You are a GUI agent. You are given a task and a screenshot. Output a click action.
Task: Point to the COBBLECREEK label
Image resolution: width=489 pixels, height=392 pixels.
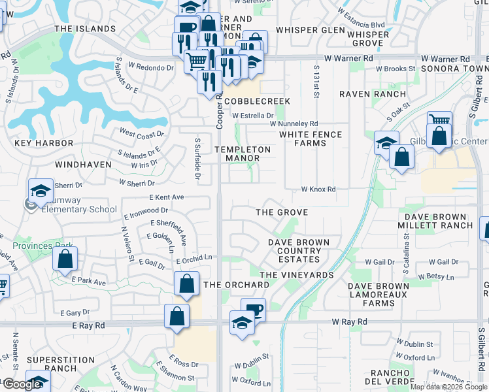257,102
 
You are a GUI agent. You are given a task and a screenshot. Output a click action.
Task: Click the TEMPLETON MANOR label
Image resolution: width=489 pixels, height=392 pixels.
243,154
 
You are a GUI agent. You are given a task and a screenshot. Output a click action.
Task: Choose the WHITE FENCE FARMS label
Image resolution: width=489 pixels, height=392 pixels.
311,139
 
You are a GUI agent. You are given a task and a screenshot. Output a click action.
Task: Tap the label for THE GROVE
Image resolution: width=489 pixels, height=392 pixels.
281,212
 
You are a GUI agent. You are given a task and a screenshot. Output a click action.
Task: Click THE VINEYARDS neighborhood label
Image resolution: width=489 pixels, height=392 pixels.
296,275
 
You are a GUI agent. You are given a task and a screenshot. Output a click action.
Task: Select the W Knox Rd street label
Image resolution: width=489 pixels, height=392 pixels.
318,189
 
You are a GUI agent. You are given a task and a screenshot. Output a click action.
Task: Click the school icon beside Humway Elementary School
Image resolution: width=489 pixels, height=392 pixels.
41,189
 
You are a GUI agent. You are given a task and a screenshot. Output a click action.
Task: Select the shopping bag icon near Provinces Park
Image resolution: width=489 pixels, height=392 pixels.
65,258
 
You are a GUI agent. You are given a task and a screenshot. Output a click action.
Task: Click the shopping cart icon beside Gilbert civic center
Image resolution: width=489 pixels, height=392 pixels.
439,121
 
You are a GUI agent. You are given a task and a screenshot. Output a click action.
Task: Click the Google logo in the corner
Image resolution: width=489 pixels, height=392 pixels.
22,384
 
